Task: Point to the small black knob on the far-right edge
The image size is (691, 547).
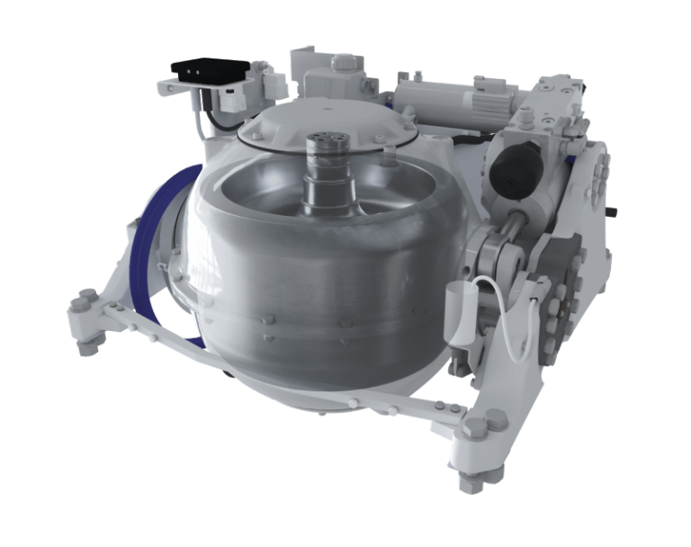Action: click(613, 212)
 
